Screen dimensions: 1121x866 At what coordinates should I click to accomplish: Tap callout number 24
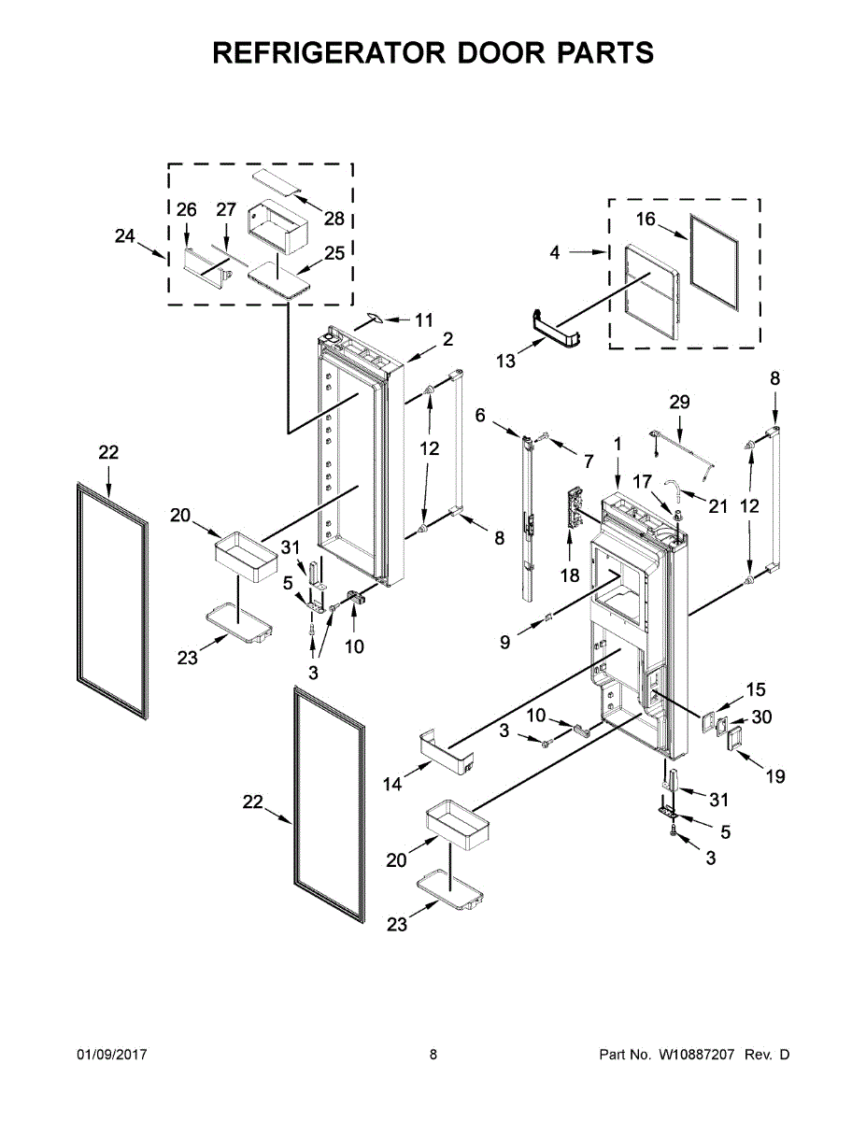125,236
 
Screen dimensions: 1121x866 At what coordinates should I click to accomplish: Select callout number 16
646,220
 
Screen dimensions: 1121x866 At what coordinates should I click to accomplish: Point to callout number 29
680,402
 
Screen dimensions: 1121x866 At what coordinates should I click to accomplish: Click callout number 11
424,320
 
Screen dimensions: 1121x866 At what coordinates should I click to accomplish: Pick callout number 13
505,361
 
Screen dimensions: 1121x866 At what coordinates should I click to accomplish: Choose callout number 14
392,784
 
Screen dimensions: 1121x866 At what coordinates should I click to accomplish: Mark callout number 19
775,775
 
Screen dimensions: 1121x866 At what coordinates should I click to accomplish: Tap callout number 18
570,575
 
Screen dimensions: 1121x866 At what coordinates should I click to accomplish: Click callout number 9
504,643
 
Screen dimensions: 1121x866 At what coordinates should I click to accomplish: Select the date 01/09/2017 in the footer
111,1055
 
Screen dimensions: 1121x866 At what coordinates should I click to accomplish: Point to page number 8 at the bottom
433,1055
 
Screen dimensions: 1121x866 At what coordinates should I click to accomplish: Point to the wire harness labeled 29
682,447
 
